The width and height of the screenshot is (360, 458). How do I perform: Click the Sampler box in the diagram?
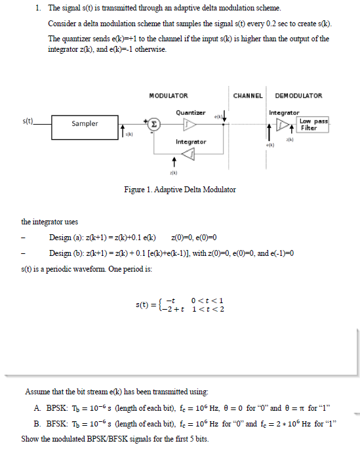[x=85, y=123]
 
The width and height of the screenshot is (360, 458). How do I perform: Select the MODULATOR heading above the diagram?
[x=169, y=96]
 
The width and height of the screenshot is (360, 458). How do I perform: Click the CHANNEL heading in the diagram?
[x=248, y=96]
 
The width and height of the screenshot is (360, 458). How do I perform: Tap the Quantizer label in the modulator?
[x=190, y=113]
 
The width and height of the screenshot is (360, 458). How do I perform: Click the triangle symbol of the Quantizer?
[x=189, y=123]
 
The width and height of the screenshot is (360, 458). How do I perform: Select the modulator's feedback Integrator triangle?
[x=189, y=154]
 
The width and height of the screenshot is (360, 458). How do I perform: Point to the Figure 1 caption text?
[x=180, y=190]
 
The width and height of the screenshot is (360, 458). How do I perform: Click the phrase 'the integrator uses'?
[x=49, y=222]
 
